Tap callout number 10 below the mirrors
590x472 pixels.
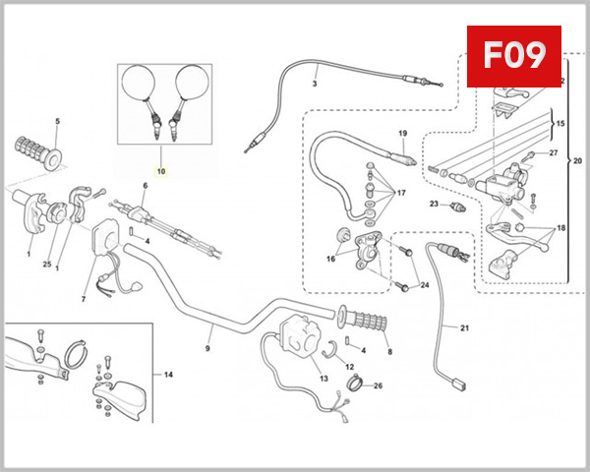pyautogui.click(x=162, y=171)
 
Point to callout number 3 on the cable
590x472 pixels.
pyautogui.click(x=315, y=83)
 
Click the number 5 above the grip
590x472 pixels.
pyautogui.click(x=57, y=122)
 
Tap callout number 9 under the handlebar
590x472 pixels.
pyautogui.click(x=208, y=347)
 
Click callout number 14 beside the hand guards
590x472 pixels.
pyautogui.click(x=168, y=375)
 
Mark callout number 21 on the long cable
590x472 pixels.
pyautogui.click(x=464, y=327)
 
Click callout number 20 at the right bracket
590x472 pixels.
pyautogui.click(x=577, y=160)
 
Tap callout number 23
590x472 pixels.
pyautogui.click(x=433, y=205)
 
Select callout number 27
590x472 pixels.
pyautogui.click(x=553, y=153)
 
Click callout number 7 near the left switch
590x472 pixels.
pyautogui.click(x=84, y=299)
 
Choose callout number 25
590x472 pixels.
pyautogui.click(x=46, y=265)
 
